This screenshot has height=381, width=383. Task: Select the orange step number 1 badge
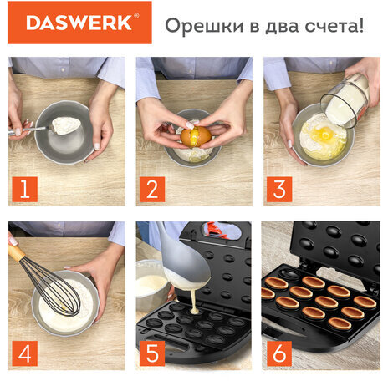(x=23, y=190)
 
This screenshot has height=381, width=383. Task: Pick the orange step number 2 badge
(x=151, y=190)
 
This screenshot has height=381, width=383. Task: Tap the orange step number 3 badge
(x=279, y=190)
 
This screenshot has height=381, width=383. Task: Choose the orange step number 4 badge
(x=23, y=353)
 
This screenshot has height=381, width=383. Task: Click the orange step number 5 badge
(x=151, y=353)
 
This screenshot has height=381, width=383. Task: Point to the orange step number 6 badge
(x=279, y=353)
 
